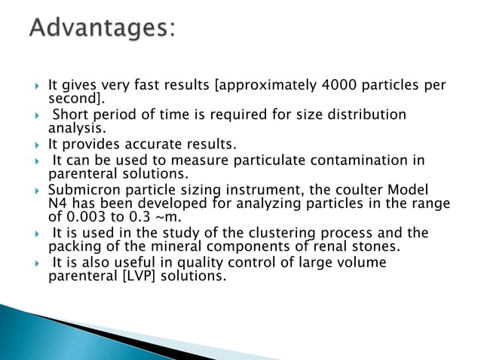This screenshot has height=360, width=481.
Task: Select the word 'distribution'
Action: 369,114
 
